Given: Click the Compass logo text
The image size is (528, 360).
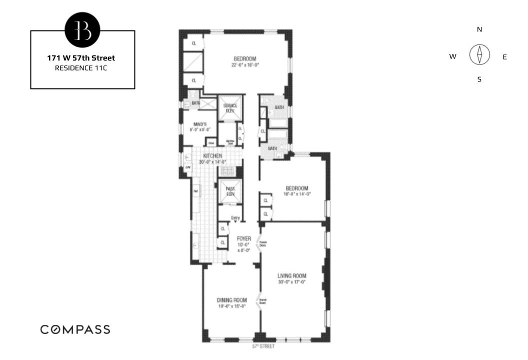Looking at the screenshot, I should pos(75,329).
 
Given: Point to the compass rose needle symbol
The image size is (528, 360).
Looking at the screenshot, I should pos(479,54).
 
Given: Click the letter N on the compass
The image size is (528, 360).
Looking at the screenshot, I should pos(479,29).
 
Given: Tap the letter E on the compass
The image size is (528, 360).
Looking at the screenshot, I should pos(504,57).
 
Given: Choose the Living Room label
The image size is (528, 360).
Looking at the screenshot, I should pos(292,276).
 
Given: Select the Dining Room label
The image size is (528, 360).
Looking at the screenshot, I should pos(231,300).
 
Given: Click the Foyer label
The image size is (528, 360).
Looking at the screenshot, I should pos(243,239).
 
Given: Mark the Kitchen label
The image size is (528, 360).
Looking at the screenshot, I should pos(212,156).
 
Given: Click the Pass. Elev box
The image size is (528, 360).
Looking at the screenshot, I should pos(230,191).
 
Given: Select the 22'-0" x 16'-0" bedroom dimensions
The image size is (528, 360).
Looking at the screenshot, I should pos(245,65).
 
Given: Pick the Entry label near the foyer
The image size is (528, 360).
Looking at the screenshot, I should pos(235,217).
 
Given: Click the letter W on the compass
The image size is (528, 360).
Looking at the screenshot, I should pos(452,57).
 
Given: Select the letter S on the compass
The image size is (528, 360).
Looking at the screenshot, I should pos(479,79).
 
